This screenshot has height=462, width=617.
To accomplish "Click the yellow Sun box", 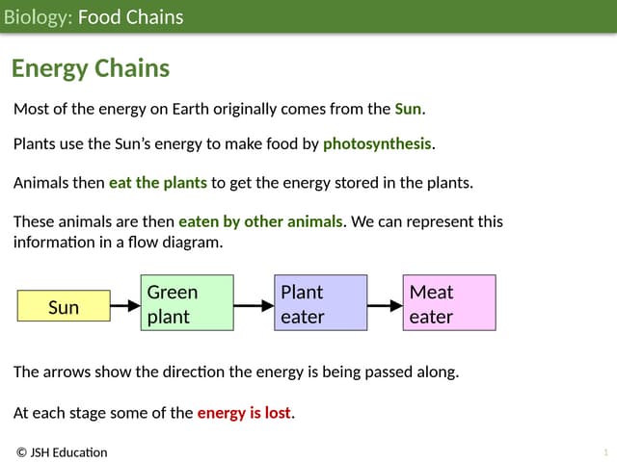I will pos(64,307).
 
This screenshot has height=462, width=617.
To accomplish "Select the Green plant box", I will pos(188,303).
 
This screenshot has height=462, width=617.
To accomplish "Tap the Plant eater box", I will pos(321,303).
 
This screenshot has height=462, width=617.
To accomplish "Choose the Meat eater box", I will pos(449,303).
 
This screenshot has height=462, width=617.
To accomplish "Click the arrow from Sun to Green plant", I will pos(125,307).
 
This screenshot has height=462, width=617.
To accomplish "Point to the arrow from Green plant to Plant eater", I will pos(255,307).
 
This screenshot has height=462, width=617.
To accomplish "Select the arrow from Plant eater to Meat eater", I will pos(385,307).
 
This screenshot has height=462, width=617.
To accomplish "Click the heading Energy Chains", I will pos(91,68).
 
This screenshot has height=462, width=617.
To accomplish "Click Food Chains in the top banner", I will pos(130,17).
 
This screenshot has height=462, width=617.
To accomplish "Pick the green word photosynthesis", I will pos(377,144).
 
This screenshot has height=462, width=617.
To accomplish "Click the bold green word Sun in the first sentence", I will pos(408,109).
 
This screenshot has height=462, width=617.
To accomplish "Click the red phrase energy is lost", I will pos(244,414).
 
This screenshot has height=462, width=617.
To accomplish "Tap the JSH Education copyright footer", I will pos(62,452).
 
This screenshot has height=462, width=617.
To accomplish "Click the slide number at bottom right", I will pos(605,452).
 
